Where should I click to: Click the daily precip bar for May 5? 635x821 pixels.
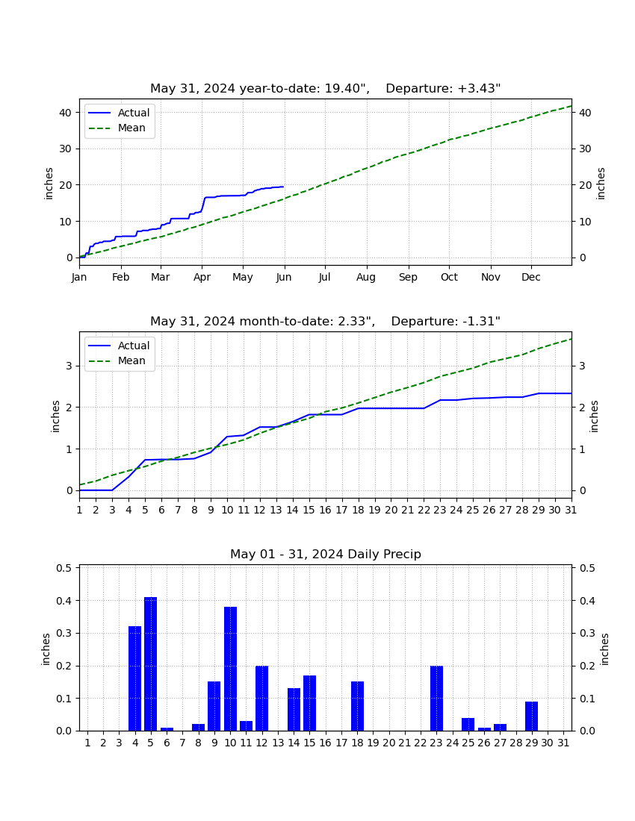(150, 664)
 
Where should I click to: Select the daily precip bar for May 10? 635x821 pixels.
(231, 669)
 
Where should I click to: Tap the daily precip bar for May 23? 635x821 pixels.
(436, 699)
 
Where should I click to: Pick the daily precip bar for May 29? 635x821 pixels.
(532, 717)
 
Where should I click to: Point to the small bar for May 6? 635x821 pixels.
(167, 729)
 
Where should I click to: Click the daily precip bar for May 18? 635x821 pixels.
(357, 706)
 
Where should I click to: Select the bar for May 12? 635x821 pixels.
(262, 699)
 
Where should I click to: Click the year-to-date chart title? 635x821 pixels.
(326, 89)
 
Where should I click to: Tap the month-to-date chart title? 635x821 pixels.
(326, 322)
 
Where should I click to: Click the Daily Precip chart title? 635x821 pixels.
(326, 554)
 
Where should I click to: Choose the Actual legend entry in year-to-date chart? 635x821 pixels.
(119, 113)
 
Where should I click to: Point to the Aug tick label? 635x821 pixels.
(366, 278)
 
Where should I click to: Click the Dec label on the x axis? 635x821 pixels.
(530, 277)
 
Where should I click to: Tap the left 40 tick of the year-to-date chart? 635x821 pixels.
(65, 113)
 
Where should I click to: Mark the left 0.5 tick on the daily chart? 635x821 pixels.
(64, 568)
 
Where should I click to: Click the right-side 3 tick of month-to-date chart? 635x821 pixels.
(582, 366)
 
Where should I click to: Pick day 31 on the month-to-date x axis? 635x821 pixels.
(571, 510)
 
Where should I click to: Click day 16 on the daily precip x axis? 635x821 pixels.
(326, 743)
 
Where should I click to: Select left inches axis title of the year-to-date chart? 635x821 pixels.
(49, 184)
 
